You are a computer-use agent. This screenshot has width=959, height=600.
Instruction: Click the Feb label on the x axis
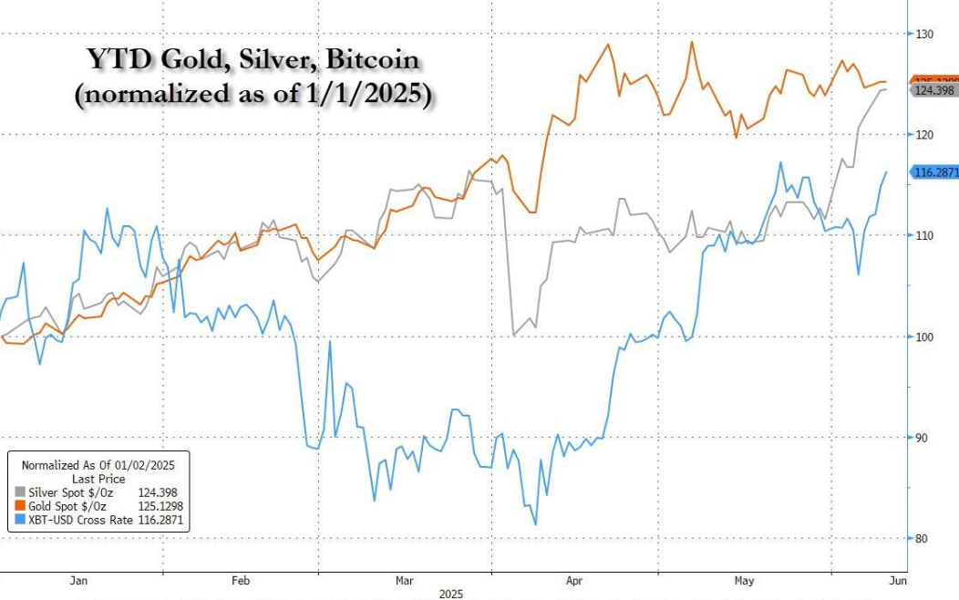tap(241, 580)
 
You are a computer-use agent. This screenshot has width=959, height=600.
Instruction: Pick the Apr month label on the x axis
tap(574, 580)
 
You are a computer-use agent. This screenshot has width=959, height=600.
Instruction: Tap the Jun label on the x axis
tap(897, 580)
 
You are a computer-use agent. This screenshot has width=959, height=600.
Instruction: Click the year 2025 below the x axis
tap(452, 595)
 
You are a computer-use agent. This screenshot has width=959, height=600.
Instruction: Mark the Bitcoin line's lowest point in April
tap(535, 524)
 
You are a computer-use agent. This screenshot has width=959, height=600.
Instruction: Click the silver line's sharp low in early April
tap(514, 335)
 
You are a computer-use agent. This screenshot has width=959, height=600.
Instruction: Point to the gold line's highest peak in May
tap(692, 42)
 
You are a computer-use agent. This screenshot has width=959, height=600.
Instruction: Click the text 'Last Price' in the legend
tap(98, 479)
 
